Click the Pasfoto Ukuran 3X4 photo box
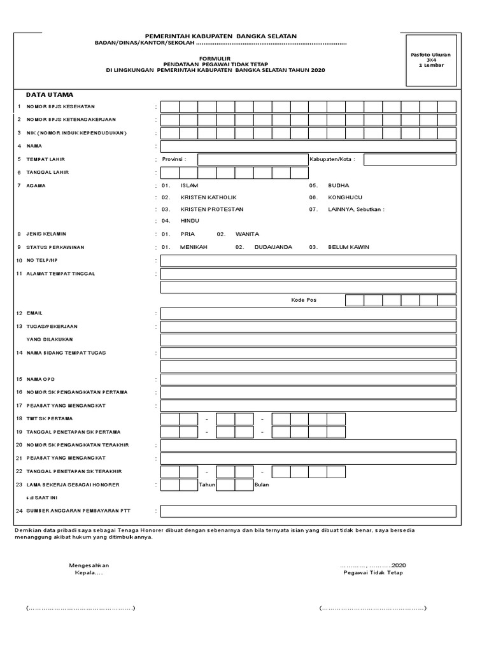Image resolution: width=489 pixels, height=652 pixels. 430,60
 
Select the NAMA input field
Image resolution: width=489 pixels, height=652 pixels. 308,146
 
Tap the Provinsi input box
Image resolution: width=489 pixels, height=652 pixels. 252,159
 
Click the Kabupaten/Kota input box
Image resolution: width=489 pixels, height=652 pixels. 409,159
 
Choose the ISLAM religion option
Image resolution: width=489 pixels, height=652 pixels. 189,185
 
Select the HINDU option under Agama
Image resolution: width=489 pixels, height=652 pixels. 190,221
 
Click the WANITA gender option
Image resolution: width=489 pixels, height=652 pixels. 247,234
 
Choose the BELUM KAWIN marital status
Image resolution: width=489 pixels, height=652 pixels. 348,247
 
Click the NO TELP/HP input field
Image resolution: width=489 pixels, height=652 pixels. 308,260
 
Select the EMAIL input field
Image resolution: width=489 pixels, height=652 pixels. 308,313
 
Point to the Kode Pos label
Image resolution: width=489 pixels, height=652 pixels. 304,300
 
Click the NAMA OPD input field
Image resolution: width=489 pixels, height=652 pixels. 308,379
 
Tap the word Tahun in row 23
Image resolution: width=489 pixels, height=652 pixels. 207,485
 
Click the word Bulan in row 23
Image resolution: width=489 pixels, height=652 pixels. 262,485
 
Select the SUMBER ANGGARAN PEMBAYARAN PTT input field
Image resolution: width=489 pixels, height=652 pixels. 308,511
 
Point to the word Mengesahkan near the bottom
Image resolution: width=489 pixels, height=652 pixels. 89,565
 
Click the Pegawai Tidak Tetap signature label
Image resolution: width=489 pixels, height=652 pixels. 372,572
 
